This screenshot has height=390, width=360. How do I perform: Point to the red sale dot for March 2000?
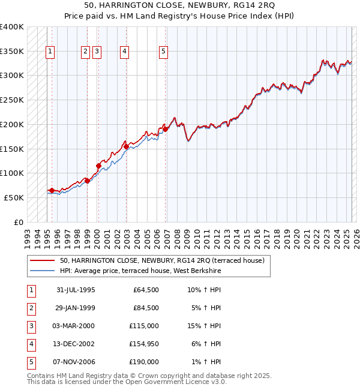[x=98, y=165]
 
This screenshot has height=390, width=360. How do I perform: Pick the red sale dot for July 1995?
[x=52, y=190]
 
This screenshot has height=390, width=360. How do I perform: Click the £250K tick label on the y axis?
[x=12, y=100]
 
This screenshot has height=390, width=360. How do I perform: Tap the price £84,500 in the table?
[x=146, y=308]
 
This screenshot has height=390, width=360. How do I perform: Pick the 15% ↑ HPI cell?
[x=205, y=326]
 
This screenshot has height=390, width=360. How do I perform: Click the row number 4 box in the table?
[x=31, y=344]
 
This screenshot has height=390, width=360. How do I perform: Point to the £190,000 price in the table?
[x=143, y=362]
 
